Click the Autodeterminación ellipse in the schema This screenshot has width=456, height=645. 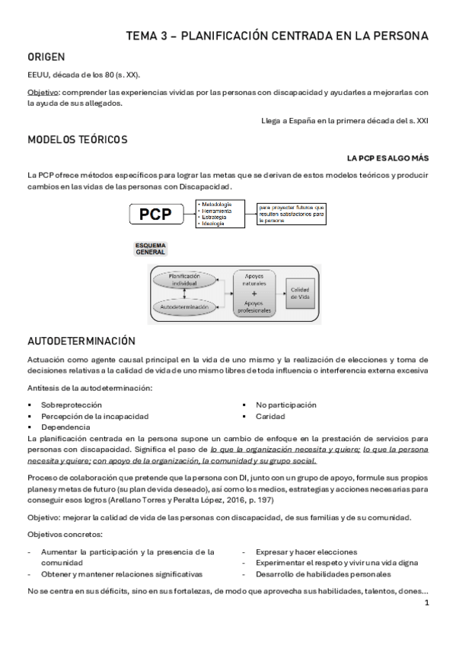pos(183,307)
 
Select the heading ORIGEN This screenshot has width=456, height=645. pos(46,56)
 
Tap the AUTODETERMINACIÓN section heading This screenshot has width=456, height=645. pos(81,341)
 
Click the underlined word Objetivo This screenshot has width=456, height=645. pos(43,93)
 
